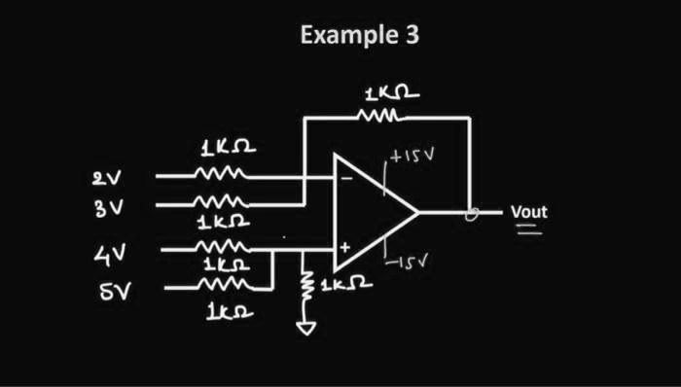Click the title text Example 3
pyautogui.click(x=360, y=35)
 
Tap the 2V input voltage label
pyautogui.click(x=107, y=178)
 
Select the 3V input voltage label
pyautogui.click(x=109, y=208)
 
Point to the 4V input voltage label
pyautogui.click(x=110, y=254)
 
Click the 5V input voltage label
pyautogui.click(x=115, y=292)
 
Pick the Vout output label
pyautogui.click(x=529, y=212)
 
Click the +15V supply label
pyautogui.click(x=412, y=156)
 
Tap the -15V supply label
pyautogui.click(x=407, y=263)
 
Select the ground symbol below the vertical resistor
pyautogui.click(x=306, y=329)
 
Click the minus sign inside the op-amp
pyautogui.click(x=346, y=177)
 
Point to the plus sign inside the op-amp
pyautogui.click(x=344, y=248)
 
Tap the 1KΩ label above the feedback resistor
pyautogui.click(x=392, y=93)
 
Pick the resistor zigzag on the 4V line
pyautogui.click(x=223, y=247)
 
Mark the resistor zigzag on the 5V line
pyautogui.click(x=225, y=285)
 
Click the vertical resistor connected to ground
pyautogui.click(x=307, y=285)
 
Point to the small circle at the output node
pyautogui.click(x=472, y=214)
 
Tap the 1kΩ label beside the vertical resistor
pyautogui.click(x=346, y=284)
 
